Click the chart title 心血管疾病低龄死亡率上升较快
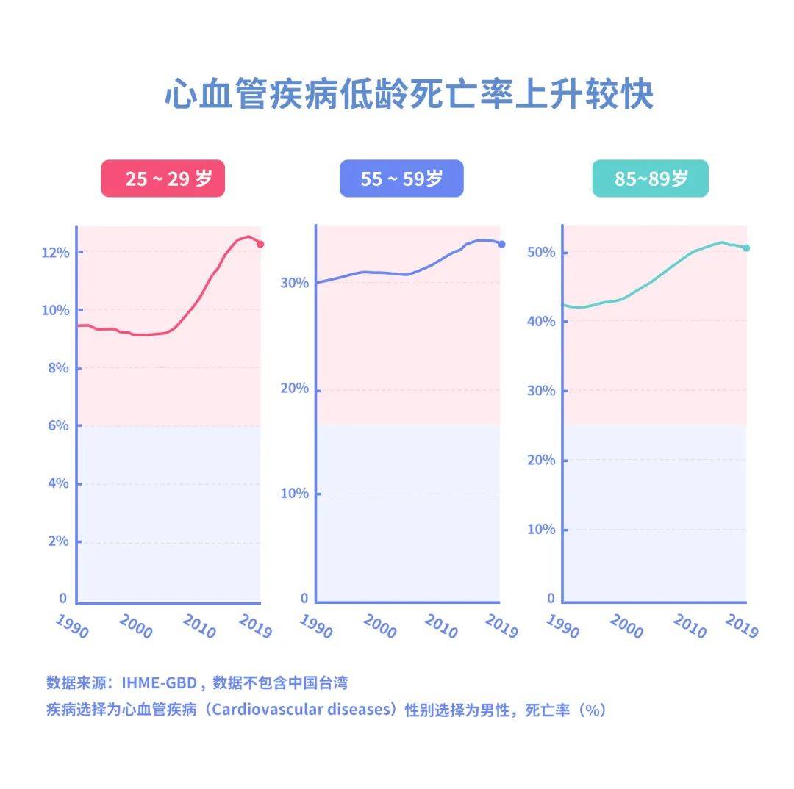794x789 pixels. pos(409,96)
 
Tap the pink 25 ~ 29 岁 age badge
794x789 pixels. pos(163,179)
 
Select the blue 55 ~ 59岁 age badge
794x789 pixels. pos(401,179)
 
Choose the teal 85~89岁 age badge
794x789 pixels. pos(651,179)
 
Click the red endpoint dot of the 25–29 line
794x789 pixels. pos(260,244)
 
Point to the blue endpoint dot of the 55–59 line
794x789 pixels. pos(501,244)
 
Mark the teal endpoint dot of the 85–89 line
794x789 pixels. pos(746,248)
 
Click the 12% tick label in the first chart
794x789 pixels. pos(56,253)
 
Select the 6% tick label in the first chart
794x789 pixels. pos(59,426)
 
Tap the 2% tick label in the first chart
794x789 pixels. pos(59,541)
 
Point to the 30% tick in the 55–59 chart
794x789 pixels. pos(296,284)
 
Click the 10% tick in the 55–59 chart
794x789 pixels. pos(296,494)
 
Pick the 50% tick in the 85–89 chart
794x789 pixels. pos(542,253)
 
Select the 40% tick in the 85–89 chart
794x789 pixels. pos(542,322)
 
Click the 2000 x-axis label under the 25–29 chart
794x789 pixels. pos(135,626)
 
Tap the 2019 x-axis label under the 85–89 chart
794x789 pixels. pos(741,626)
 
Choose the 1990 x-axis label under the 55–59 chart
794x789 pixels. pos(316,626)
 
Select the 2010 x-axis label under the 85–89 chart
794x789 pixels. pos(688,626)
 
